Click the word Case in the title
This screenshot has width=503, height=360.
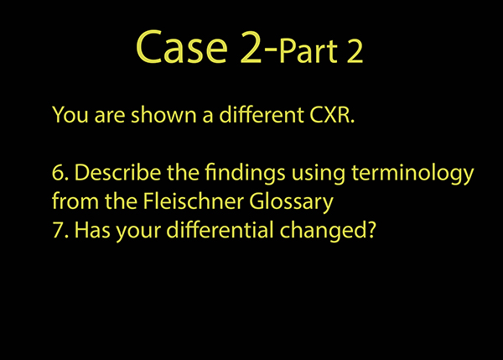pos(182,47)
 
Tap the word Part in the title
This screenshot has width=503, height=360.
pos(309,51)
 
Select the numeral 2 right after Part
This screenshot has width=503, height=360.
pos(355,51)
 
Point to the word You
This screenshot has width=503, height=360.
pos(70,115)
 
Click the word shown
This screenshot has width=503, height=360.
pos(163,114)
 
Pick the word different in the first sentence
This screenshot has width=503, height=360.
pos(261,114)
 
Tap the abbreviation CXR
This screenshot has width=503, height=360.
pos(332,115)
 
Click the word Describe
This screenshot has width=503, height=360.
pos(117,172)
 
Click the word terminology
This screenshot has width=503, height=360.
pos(412,174)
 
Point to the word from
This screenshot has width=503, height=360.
pos(75,201)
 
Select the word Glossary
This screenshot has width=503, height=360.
pos(291,202)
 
